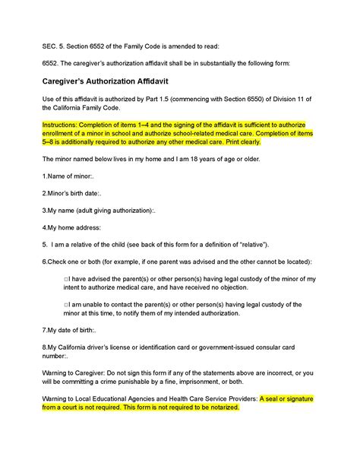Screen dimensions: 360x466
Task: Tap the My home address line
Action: coord(72,246)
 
